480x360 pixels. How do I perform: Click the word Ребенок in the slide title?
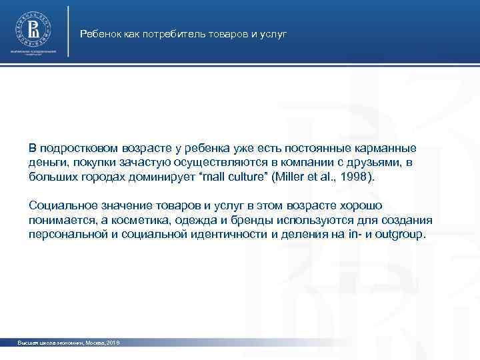tap(98, 33)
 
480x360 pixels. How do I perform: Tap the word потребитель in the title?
tap(163, 33)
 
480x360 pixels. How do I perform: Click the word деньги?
tap(45, 163)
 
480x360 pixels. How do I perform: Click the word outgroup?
tap(399, 236)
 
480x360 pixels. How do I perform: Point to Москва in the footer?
tap(90, 342)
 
